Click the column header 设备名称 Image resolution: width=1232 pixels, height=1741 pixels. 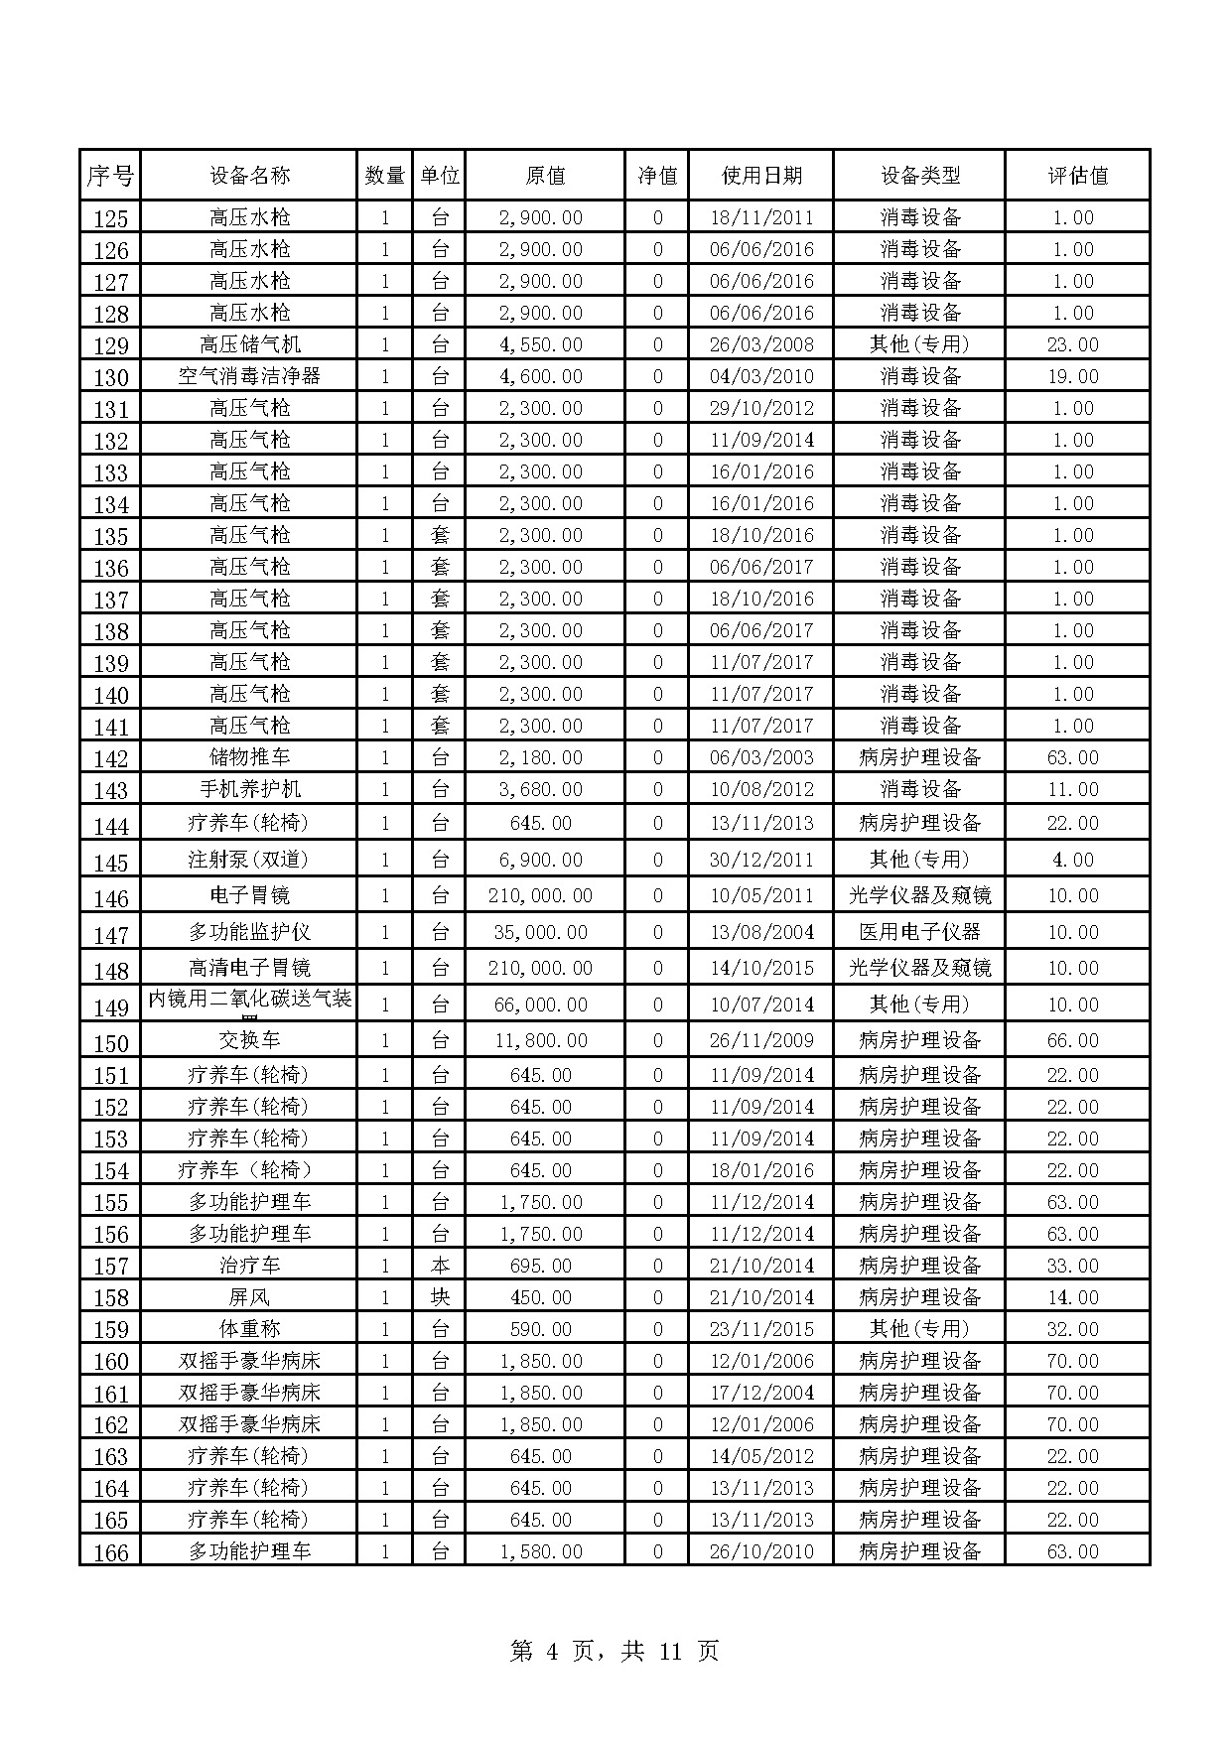(x=249, y=176)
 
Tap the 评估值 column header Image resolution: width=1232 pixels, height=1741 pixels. (x=1077, y=176)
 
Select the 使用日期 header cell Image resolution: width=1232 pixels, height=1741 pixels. (x=761, y=176)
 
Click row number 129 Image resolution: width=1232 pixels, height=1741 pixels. (x=111, y=346)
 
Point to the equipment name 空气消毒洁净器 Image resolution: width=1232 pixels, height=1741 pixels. (x=249, y=376)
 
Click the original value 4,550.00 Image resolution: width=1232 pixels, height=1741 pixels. (x=541, y=344)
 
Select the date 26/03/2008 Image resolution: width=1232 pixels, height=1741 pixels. (x=761, y=344)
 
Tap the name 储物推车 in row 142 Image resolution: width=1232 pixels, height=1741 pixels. (x=249, y=757)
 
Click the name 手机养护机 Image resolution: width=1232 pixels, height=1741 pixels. (x=249, y=789)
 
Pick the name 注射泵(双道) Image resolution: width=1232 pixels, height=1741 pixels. (x=249, y=860)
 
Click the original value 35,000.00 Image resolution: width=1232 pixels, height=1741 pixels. (x=541, y=932)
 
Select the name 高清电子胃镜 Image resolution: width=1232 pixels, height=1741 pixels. (x=249, y=968)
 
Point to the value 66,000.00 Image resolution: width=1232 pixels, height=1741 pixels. (x=541, y=1004)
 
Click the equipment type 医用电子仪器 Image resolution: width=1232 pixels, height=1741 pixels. (x=919, y=932)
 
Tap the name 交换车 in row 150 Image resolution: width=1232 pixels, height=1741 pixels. (x=249, y=1040)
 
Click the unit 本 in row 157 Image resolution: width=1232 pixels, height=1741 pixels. (x=440, y=1266)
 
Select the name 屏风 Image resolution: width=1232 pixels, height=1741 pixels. (x=249, y=1297)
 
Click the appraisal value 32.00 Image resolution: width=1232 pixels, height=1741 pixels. (x=1073, y=1329)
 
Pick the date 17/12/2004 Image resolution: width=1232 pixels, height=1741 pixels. (x=761, y=1393)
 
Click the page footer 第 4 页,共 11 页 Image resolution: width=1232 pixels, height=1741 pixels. (x=615, y=1652)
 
